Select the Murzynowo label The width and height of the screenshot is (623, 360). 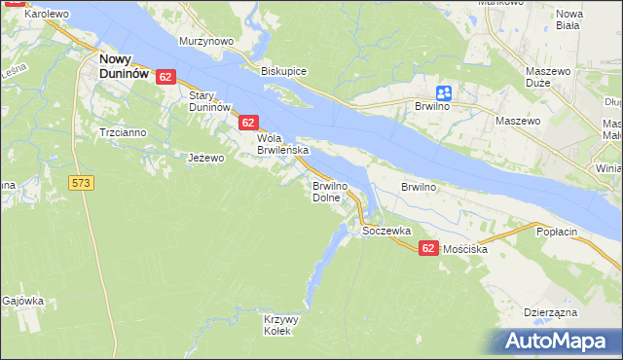[x=206, y=42]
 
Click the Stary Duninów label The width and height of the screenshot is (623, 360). [x=208, y=100]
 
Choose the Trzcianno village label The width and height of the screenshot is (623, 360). [x=121, y=131]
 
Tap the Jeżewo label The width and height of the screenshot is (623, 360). [x=206, y=158]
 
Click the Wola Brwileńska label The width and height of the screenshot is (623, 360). [x=282, y=144]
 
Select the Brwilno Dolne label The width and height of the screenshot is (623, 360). [x=329, y=191]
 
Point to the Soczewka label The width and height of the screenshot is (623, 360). [x=386, y=232]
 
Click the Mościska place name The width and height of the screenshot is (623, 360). [x=464, y=249]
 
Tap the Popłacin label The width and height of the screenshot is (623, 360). [x=557, y=233]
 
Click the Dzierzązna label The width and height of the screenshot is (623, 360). [x=551, y=312]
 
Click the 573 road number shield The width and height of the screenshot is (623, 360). [x=82, y=182]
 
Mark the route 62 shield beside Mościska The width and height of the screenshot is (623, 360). [x=428, y=249]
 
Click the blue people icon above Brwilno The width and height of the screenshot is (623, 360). [x=444, y=92]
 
